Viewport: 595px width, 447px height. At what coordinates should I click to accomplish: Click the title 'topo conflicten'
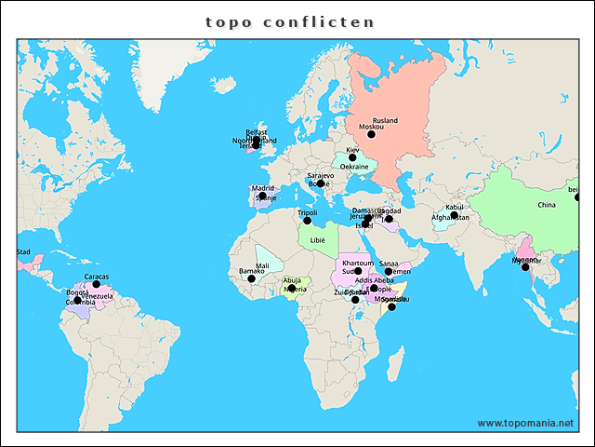click(x=290, y=20)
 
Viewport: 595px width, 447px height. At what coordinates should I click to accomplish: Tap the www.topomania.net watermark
click(x=525, y=423)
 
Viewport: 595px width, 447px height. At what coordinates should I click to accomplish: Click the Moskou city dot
click(x=371, y=134)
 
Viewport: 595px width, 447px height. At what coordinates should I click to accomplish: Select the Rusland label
click(x=385, y=121)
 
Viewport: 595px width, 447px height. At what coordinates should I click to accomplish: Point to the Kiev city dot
click(x=352, y=157)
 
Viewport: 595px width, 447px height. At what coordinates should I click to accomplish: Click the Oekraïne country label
click(x=353, y=167)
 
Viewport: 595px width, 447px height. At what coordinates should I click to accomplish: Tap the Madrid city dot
click(x=262, y=196)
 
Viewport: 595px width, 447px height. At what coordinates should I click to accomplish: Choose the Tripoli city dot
click(x=308, y=220)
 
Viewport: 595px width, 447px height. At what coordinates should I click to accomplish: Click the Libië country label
click(x=318, y=239)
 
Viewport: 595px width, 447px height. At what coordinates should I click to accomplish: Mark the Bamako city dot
click(x=251, y=278)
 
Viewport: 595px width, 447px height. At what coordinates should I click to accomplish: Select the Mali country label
click(x=262, y=265)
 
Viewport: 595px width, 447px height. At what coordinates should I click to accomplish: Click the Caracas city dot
click(x=96, y=284)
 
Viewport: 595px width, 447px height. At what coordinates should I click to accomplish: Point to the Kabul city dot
click(x=454, y=215)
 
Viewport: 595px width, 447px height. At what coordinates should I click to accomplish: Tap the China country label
click(x=546, y=205)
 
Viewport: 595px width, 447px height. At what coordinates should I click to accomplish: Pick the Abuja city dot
click(x=292, y=288)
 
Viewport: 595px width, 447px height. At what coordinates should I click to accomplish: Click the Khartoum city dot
click(x=358, y=271)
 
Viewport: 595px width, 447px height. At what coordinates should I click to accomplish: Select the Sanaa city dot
click(x=389, y=271)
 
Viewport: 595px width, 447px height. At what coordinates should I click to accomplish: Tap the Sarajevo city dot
click(x=321, y=183)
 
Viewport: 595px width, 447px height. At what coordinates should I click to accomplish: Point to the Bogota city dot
click(x=78, y=300)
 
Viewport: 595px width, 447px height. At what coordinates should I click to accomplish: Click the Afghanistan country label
click(x=450, y=218)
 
